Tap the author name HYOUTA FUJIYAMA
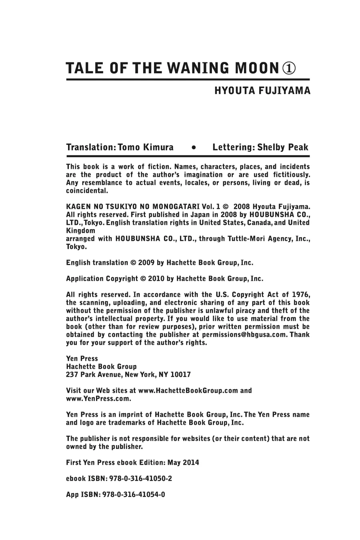(262, 90)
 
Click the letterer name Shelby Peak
(283, 147)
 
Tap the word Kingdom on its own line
(80, 231)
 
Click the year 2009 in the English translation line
(146, 263)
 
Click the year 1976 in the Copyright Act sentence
(300, 295)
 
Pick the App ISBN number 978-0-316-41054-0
(134, 495)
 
